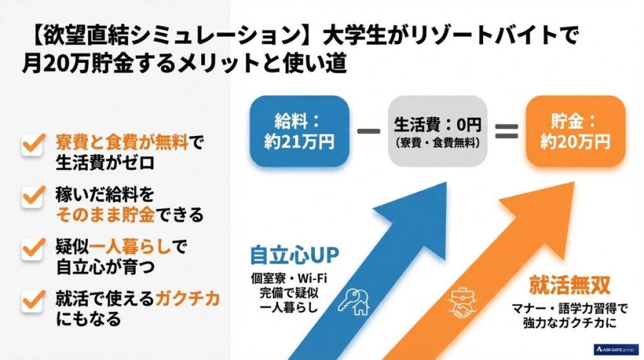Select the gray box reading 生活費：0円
point(438,132)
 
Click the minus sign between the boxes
point(369,132)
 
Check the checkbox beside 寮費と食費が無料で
point(31,144)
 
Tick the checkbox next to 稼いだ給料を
point(31,197)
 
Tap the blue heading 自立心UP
point(294,255)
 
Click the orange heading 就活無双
point(570,287)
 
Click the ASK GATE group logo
point(616,349)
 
